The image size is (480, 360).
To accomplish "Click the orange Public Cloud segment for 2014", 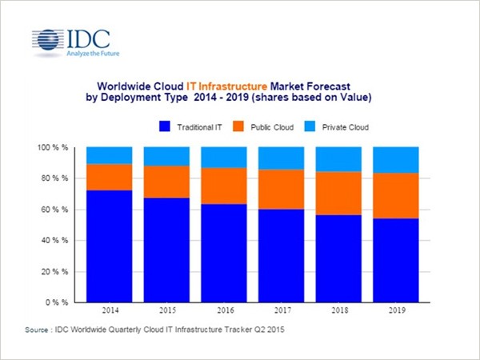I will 109,177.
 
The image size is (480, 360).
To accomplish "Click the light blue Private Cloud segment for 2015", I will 166,157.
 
